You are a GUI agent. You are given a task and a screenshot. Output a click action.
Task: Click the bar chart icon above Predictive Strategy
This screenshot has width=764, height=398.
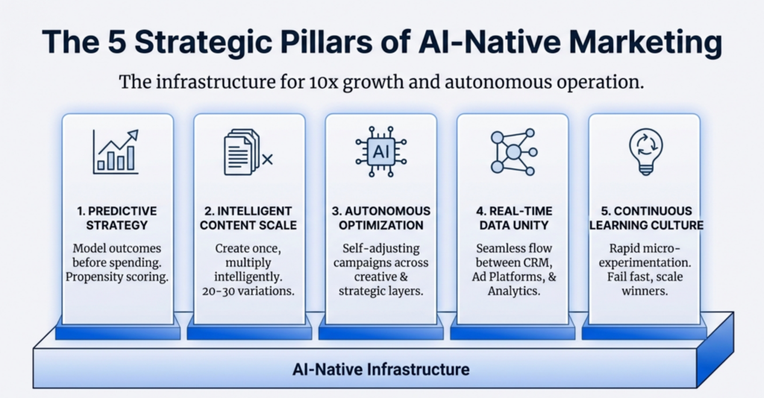[115, 151]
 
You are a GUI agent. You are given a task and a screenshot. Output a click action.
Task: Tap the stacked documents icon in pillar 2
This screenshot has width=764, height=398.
[246, 151]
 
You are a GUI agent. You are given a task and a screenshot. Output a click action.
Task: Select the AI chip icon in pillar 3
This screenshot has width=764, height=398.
[381, 151]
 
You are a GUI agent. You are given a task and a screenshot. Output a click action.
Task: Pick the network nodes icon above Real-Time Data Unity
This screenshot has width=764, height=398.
[513, 151]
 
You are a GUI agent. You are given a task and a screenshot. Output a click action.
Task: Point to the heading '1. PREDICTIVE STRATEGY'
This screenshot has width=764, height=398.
[118, 218]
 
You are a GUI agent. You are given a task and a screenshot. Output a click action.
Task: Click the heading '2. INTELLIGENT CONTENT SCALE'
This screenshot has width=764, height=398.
[249, 218]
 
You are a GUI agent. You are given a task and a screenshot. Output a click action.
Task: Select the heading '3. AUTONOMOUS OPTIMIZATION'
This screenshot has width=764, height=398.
[381, 218]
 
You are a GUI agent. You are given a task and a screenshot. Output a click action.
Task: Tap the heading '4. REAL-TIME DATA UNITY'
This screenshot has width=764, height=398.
[513, 218]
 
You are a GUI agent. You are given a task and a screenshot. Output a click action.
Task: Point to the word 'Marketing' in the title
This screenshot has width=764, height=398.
[639, 43]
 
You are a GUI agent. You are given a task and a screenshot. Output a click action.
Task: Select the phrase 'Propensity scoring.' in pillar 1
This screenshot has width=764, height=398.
[118, 277]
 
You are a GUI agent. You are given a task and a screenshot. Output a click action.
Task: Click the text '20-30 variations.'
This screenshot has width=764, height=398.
[249, 291]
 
